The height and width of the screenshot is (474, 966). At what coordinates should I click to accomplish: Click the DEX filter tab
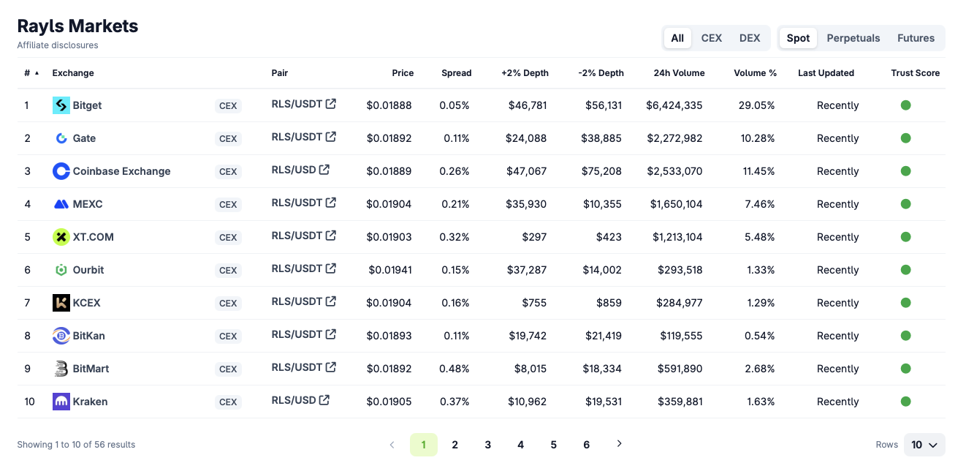750,38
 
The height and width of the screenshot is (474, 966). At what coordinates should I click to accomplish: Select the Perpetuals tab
853,38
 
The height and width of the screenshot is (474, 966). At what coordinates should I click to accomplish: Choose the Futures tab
916,38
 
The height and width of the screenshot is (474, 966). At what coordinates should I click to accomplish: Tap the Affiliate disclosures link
58,45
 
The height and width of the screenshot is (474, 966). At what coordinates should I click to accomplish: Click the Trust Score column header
915,73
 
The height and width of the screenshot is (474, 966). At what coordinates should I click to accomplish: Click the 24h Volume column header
679,73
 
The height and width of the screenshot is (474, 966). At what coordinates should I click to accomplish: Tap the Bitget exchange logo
61,105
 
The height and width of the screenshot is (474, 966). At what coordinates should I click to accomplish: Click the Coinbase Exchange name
121,171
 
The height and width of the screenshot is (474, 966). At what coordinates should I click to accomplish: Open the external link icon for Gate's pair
331,137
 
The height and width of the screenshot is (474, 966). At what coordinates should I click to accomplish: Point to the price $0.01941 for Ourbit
389,270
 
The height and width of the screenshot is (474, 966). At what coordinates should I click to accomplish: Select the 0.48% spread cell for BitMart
454,369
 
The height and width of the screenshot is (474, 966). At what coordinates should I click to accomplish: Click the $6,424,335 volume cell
674,105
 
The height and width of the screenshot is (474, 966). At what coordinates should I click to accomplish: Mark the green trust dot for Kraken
905,402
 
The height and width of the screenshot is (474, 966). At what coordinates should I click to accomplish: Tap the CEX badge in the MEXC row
228,204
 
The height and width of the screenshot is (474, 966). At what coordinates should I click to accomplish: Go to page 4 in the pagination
520,445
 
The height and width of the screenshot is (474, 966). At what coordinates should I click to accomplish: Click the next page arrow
619,444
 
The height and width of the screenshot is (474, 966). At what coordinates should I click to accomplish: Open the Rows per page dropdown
924,445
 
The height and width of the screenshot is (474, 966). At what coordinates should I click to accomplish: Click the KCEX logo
61,303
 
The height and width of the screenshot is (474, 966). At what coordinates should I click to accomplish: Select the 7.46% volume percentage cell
759,204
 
